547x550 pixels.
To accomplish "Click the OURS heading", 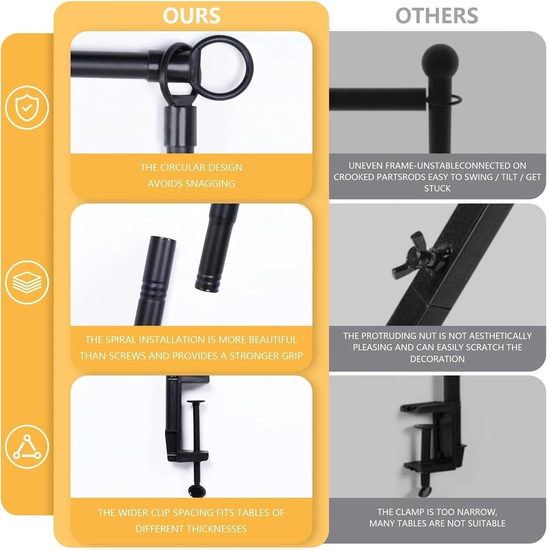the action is [191, 16].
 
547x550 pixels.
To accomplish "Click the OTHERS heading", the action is [437, 16].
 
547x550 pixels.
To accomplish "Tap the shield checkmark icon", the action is [27, 108].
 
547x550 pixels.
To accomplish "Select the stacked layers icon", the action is [27, 283].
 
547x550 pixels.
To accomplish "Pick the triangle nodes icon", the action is [27, 447].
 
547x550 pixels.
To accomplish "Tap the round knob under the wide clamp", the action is [197, 491].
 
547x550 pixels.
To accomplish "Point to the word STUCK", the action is [437, 188].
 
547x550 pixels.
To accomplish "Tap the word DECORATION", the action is [437, 359].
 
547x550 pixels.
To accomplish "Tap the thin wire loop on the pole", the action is [453, 100].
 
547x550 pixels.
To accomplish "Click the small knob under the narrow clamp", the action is [424, 491].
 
